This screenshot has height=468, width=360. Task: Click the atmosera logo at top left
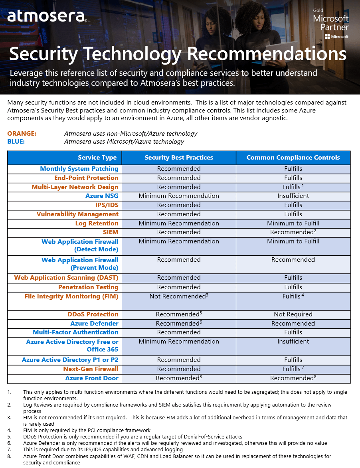click(x=46, y=16)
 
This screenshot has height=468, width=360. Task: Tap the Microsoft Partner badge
click(x=331, y=24)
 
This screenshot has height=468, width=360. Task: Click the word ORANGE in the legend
click(x=22, y=134)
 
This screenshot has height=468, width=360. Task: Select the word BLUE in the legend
click(x=16, y=141)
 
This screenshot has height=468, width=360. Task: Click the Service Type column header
click(x=97, y=158)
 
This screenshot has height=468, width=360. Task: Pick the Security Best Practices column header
click(x=179, y=158)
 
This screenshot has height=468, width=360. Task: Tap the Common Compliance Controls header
click(x=293, y=158)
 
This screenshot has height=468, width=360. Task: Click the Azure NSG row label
click(x=102, y=196)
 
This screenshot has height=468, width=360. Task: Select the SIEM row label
click(x=111, y=232)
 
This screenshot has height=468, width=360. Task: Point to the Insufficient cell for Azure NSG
click(x=293, y=196)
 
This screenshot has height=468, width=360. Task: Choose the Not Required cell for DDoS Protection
click(x=293, y=314)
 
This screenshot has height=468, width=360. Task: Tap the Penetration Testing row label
click(x=88, y=287)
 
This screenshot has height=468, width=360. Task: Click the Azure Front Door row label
click(x=92, y=378)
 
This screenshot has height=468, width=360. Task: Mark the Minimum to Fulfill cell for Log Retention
click(x=293, y=223)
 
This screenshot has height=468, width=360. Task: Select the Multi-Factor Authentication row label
click(x=75, y=332)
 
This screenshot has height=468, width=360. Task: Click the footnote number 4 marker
click(x=10, y=430)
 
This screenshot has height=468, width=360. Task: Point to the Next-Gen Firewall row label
click(x=91, y=369)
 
